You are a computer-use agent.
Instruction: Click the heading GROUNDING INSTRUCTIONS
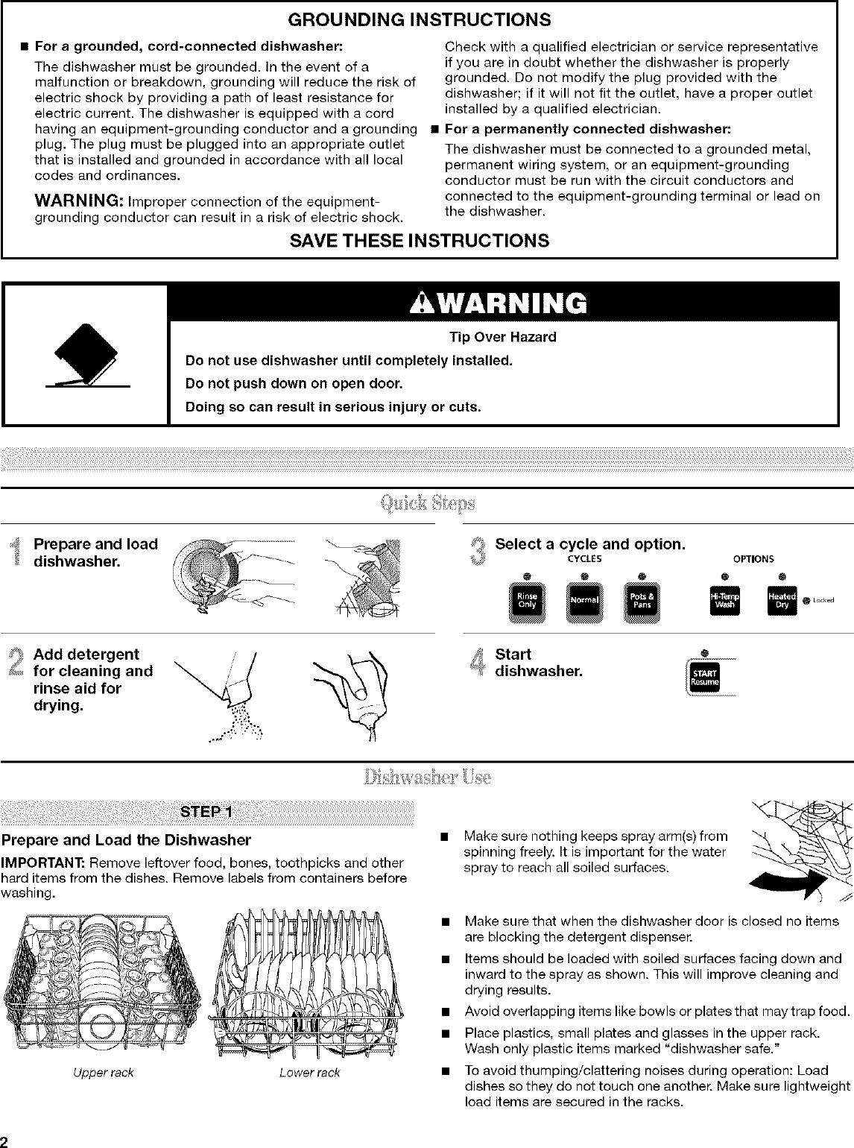pos(426,18)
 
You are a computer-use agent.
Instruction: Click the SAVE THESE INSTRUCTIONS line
pos(426,240)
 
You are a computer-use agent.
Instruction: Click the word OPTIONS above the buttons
pos(753,558)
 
